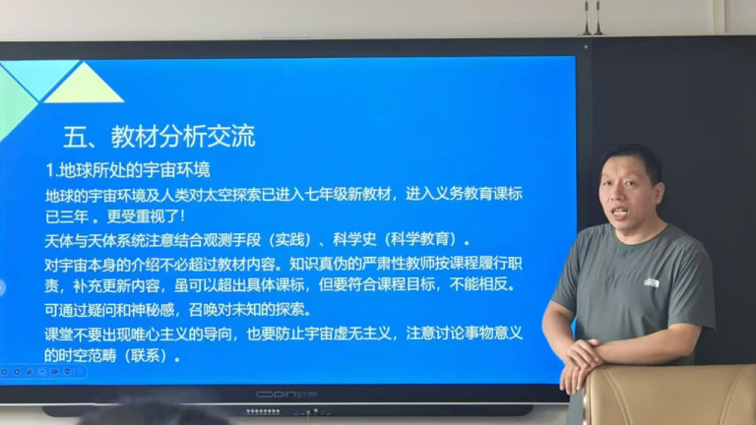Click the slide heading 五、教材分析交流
159,137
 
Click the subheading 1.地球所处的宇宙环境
128,170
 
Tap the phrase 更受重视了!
146,216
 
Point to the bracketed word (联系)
146,355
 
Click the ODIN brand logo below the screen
286,395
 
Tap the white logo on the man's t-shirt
652,283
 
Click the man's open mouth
620,212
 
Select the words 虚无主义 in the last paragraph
362,333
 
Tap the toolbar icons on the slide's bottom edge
42,372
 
